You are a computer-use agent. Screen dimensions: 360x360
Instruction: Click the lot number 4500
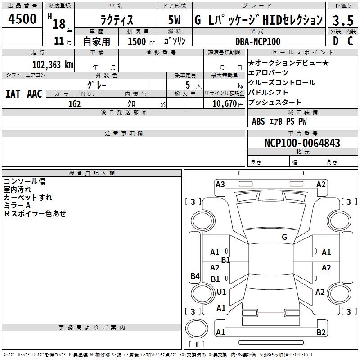coord(22,19)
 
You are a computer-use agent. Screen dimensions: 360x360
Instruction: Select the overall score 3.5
coord(342,20)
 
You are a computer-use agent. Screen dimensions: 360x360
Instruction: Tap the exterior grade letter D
coord(335,41)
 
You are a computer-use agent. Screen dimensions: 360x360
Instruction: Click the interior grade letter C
coord(350,41)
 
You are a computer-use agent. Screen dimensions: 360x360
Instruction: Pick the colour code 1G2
coord(74,103)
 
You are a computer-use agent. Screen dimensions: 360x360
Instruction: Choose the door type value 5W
coord(175,20)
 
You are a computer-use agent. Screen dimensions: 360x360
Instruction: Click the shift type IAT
coord(13,94)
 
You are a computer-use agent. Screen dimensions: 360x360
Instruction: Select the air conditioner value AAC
coord(35,94)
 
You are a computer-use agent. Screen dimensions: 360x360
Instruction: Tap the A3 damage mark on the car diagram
coord(220,184)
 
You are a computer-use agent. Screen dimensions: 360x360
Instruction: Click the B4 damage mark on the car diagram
coord(195,276)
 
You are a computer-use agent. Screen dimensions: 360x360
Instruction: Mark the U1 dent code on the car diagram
coord(221,292)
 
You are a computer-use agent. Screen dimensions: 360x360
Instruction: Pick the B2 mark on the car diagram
coord(321,333)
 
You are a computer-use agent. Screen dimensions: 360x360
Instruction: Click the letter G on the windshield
coord(284,237)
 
